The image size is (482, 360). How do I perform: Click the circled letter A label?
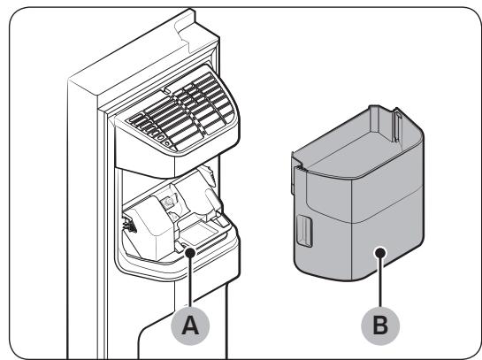coord(190,326)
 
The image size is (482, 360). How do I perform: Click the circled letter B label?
coord(380,326)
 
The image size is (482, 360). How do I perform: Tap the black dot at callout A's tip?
coord(190,253)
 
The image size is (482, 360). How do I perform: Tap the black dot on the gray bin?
coord(380,253)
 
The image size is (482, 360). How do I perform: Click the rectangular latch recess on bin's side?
coord(304,231)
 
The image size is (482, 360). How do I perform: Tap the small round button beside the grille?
coord(167,143)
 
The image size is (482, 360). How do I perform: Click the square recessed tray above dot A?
coord(197,233)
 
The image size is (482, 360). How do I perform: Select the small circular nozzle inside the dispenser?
coord(168,202)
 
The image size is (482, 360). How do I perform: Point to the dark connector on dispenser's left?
coord(130,224)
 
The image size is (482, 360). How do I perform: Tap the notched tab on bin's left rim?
coord(296,168)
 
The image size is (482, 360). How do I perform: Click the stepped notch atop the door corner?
coord(194,27)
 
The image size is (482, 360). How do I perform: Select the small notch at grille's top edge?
coord(166,90)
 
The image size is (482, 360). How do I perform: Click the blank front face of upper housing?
coord(145,154)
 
